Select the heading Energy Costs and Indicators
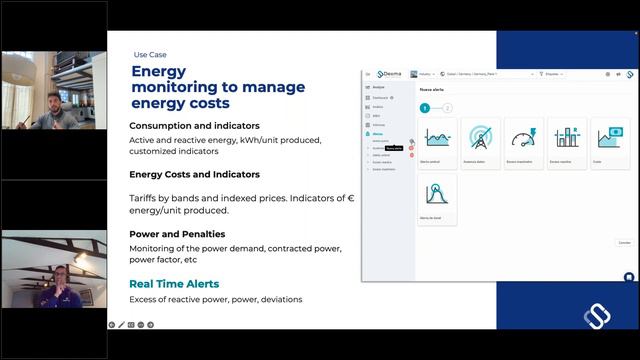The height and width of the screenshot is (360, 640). click(x=194, y=174)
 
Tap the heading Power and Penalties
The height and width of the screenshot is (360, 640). click(x=176, y=234)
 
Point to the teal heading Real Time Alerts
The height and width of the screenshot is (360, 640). click(x=174, y=284)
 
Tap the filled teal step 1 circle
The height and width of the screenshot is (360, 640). click(x=424, y=107)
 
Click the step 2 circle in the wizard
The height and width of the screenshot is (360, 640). click(x=447, y=107)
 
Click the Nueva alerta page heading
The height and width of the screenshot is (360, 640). click(x=432, y=89)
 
